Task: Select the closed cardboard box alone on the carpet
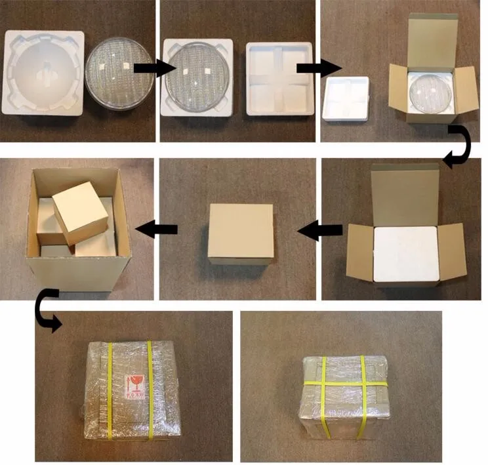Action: [x=241, y=233]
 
